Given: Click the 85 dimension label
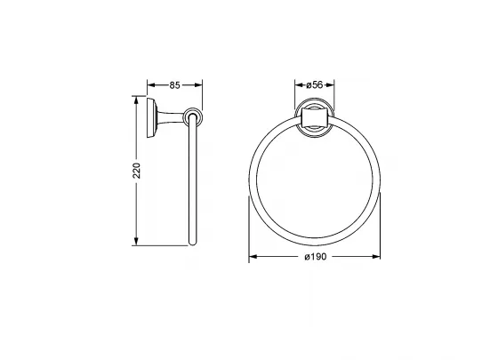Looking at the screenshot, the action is coord(174,85).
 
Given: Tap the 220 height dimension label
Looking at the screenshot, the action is coord(137,171).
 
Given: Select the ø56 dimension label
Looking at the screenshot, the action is coord(315,84).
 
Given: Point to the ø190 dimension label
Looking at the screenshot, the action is coord(315,257).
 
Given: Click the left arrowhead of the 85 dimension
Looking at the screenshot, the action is coord(151,85).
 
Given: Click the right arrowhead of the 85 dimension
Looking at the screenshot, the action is coord(198,85).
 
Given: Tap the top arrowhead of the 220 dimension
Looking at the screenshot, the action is coord(137,100).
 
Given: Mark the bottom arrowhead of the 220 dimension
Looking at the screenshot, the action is coord(137,241).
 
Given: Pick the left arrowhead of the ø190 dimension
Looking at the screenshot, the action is coord(253,257).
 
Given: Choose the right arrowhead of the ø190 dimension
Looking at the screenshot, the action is coord(376,257).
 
